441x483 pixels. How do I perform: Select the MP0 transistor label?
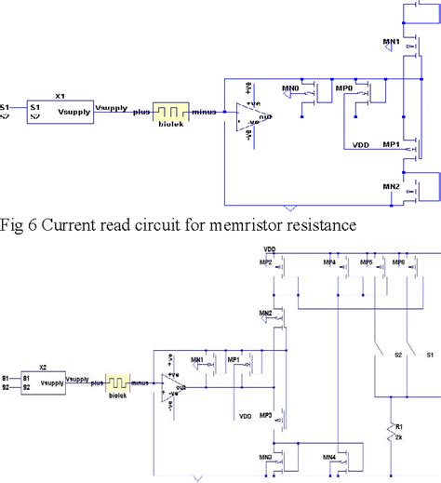[x=344, y=89]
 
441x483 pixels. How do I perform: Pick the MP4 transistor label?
[x=329, y=263]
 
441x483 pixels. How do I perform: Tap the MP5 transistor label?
[x=367, y=263]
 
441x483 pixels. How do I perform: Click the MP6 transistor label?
[x=397, y=263]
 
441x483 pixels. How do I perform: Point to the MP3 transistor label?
[x=266, y=416]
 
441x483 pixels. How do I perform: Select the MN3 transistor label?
[x=266, y=457]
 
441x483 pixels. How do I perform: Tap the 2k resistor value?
[x=399, y=436]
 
